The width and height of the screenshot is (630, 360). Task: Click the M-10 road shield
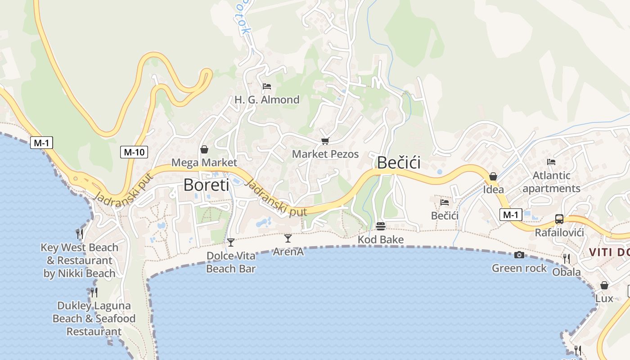[x=134, y=152]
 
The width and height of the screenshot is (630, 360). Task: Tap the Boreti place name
[x=206, y=185]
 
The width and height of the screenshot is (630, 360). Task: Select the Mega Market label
[x=204, y=162]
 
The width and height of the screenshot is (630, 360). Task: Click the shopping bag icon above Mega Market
[x=204, y=149]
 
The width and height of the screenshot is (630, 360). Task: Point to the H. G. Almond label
[x=267, y=99]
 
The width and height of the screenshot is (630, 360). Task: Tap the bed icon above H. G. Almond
[x=267, y=86]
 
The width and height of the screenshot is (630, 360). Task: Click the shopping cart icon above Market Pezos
[x=325, y=141]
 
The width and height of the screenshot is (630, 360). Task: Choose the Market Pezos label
[x=325, y=154]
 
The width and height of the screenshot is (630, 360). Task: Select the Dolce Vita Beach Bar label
[x=231, y=262]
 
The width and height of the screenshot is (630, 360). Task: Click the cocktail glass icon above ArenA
[x=288, y=238]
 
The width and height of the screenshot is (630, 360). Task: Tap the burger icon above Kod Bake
[x=381, y=226]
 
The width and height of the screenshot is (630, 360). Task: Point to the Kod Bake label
[x=381, y=239]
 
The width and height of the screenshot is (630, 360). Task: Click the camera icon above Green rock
[x=519, y=255]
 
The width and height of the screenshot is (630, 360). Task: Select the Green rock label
[x=519, y=268]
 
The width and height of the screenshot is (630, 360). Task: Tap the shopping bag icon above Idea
[x=493, y=176]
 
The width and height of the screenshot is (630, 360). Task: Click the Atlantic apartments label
[x=551, y=182]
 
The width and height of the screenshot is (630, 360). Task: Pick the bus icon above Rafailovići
[x=559, y=219]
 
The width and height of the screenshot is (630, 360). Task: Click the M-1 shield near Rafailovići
[x=511, y=215]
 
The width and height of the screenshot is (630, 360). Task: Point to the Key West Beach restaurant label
[x=80, y=260]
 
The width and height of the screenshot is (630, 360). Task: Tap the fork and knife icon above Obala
[x=567, y=259]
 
